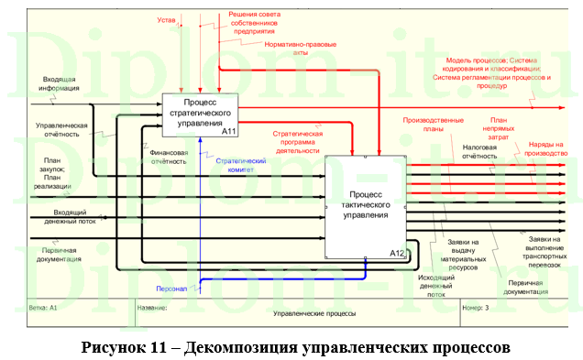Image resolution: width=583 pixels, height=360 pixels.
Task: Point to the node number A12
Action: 396,252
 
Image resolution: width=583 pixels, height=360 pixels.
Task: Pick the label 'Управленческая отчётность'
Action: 61,128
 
